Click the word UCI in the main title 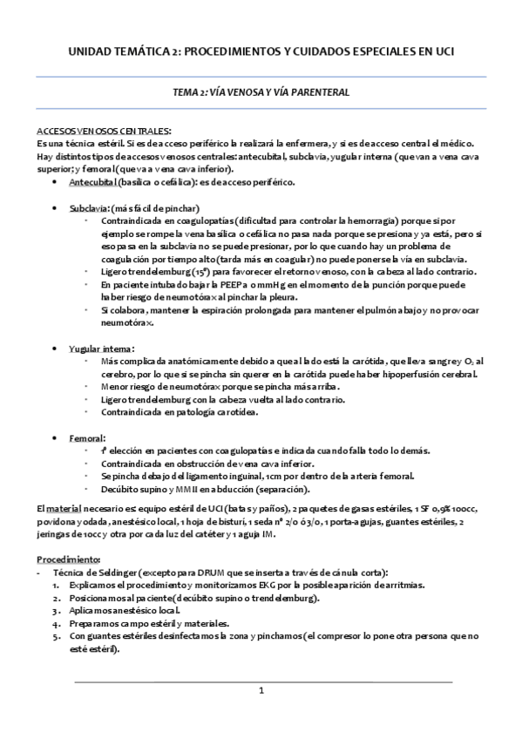440,51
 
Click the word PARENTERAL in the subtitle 322,92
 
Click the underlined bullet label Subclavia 88,210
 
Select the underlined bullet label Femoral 87,437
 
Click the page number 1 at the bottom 261,690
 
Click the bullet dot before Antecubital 56,182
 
